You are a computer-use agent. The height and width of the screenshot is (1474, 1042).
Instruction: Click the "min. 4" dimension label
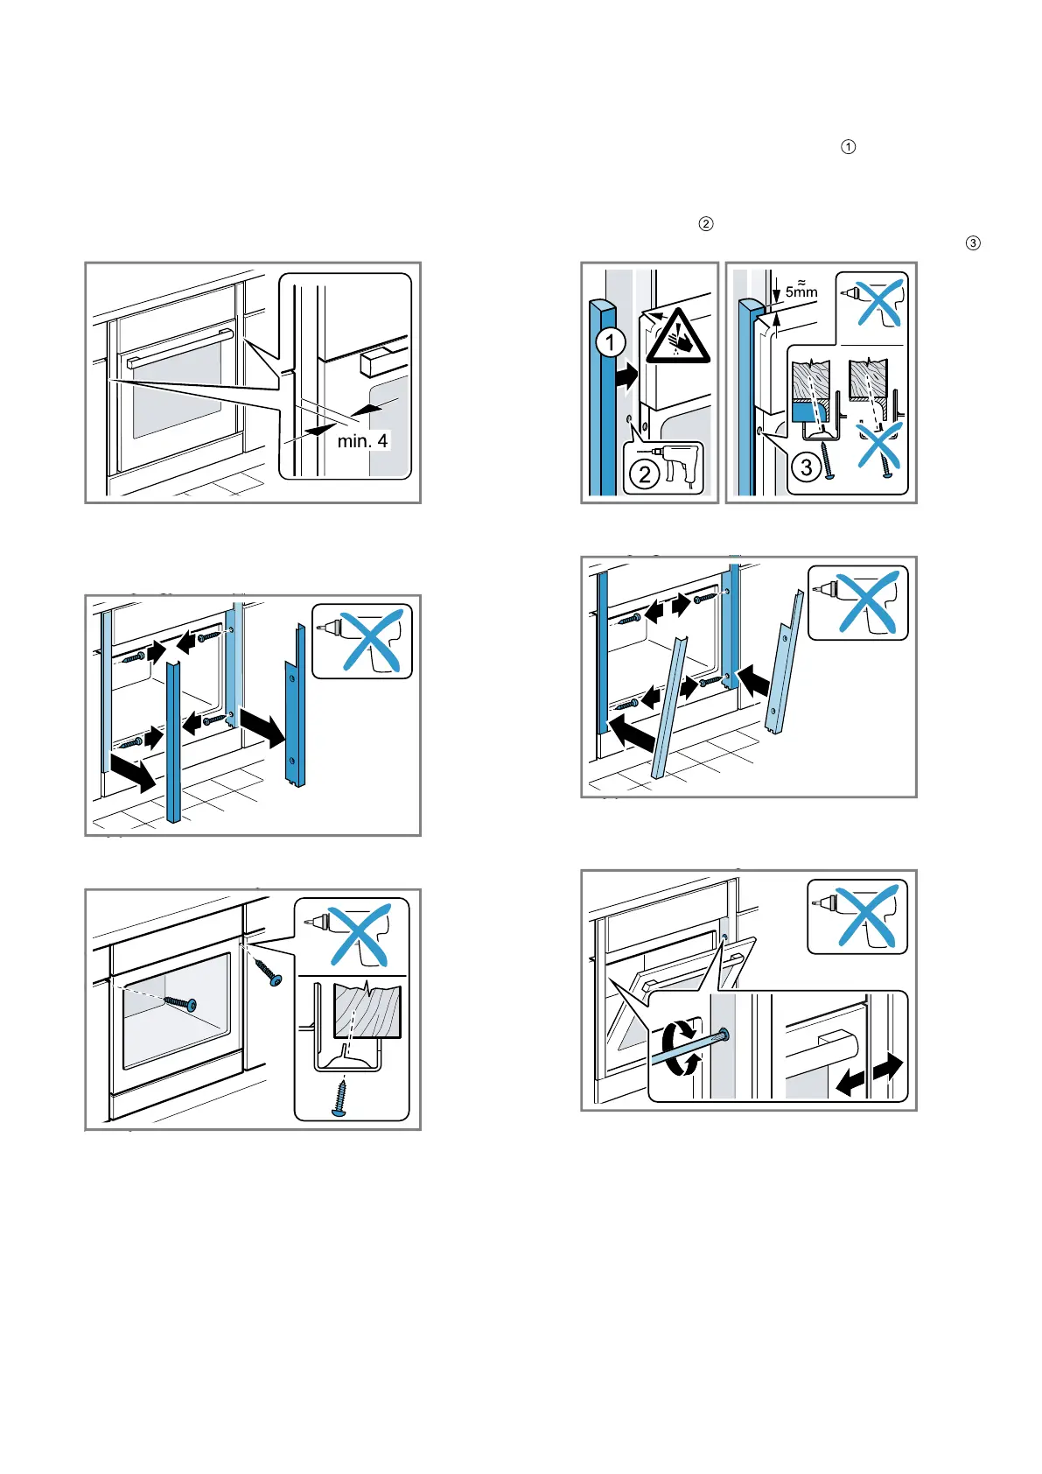pos(362,441)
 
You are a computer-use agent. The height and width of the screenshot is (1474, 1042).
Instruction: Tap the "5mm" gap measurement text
pos(801,291)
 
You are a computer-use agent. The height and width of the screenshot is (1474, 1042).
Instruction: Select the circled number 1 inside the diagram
pos(610,342)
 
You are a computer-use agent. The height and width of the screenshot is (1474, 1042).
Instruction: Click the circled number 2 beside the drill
pos(645,474)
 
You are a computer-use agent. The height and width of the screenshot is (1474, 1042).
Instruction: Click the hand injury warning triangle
pos(678,338)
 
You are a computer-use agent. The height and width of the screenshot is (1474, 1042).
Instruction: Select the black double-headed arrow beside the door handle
pos(869,1075)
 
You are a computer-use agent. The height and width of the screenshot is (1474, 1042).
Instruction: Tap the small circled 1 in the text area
pos(848,147)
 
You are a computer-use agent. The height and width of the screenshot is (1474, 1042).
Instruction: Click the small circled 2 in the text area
pos(706,224)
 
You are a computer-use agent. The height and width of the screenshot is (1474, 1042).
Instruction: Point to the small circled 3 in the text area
pos(972,243)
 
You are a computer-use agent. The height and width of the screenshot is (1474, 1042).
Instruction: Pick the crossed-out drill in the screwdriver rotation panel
pos(860,916)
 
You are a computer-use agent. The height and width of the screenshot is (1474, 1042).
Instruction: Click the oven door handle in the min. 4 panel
pos(180,347)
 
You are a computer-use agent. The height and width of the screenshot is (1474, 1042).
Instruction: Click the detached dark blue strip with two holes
pos(295,707)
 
